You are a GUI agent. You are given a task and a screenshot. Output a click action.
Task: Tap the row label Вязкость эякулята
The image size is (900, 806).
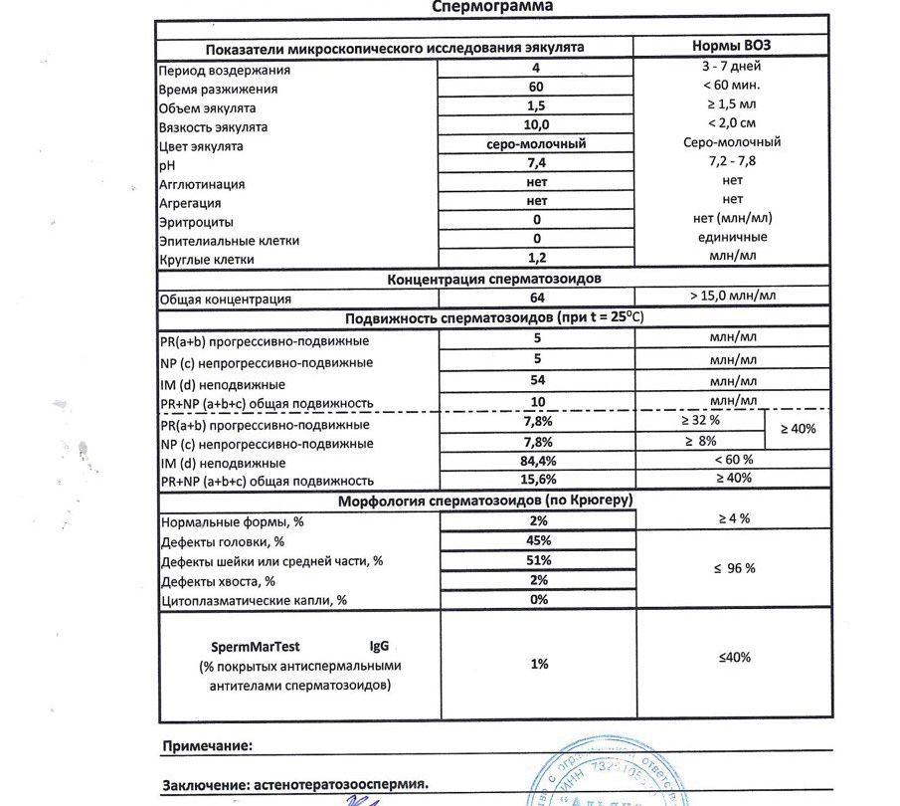(x=214, y=127)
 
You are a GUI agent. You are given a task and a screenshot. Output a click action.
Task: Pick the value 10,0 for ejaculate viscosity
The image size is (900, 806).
(x=536, y=124)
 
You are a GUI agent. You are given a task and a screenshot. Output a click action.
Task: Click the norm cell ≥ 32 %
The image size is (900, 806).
(x=701, y=423)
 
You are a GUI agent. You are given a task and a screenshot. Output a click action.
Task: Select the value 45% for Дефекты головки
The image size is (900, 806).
(x=539, y=539)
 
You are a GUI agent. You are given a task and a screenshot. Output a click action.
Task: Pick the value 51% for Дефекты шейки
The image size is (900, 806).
(x=539, y=559)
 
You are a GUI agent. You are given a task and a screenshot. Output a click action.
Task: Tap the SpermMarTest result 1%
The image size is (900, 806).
(x=539, y=664)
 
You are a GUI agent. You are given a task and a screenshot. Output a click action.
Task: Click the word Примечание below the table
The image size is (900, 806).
(x=207, y=744)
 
